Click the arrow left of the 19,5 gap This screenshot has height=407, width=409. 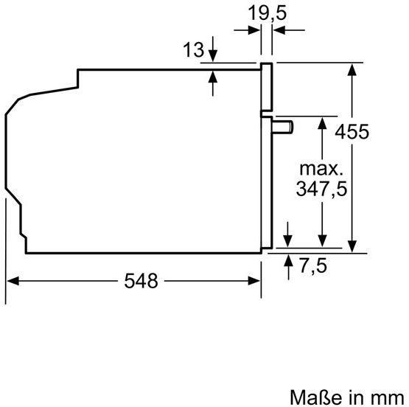(255, 29)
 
